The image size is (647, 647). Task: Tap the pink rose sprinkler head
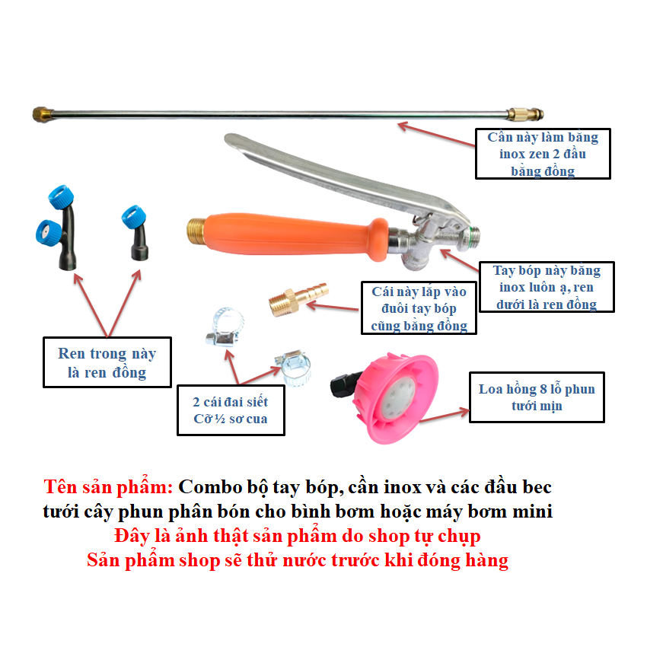[x=395, y=398]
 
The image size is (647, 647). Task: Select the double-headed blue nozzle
[x=57, y=228]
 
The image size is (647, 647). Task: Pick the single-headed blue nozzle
[x=135, y=233]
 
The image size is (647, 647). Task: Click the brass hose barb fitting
[x=298, y=298]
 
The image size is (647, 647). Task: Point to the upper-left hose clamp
[x=225, y=327]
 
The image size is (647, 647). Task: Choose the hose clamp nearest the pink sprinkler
[x=293, y=368]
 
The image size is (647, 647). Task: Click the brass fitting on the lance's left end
[x=43, y=114]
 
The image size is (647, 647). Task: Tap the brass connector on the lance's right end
[x=525, y=114]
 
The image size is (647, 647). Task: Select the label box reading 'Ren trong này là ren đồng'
[x=107, y=362]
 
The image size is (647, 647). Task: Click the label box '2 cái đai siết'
[x=231, y=410]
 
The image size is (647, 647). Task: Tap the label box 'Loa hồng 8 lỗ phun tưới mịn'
[x=537, y=397]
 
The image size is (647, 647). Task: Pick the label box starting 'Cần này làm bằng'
[x=543, y=154]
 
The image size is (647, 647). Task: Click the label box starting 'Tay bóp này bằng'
[x=547, y=287]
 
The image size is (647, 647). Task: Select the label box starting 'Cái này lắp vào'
[x=419, y=308]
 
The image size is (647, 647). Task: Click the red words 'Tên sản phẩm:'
[x=109, y=487]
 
